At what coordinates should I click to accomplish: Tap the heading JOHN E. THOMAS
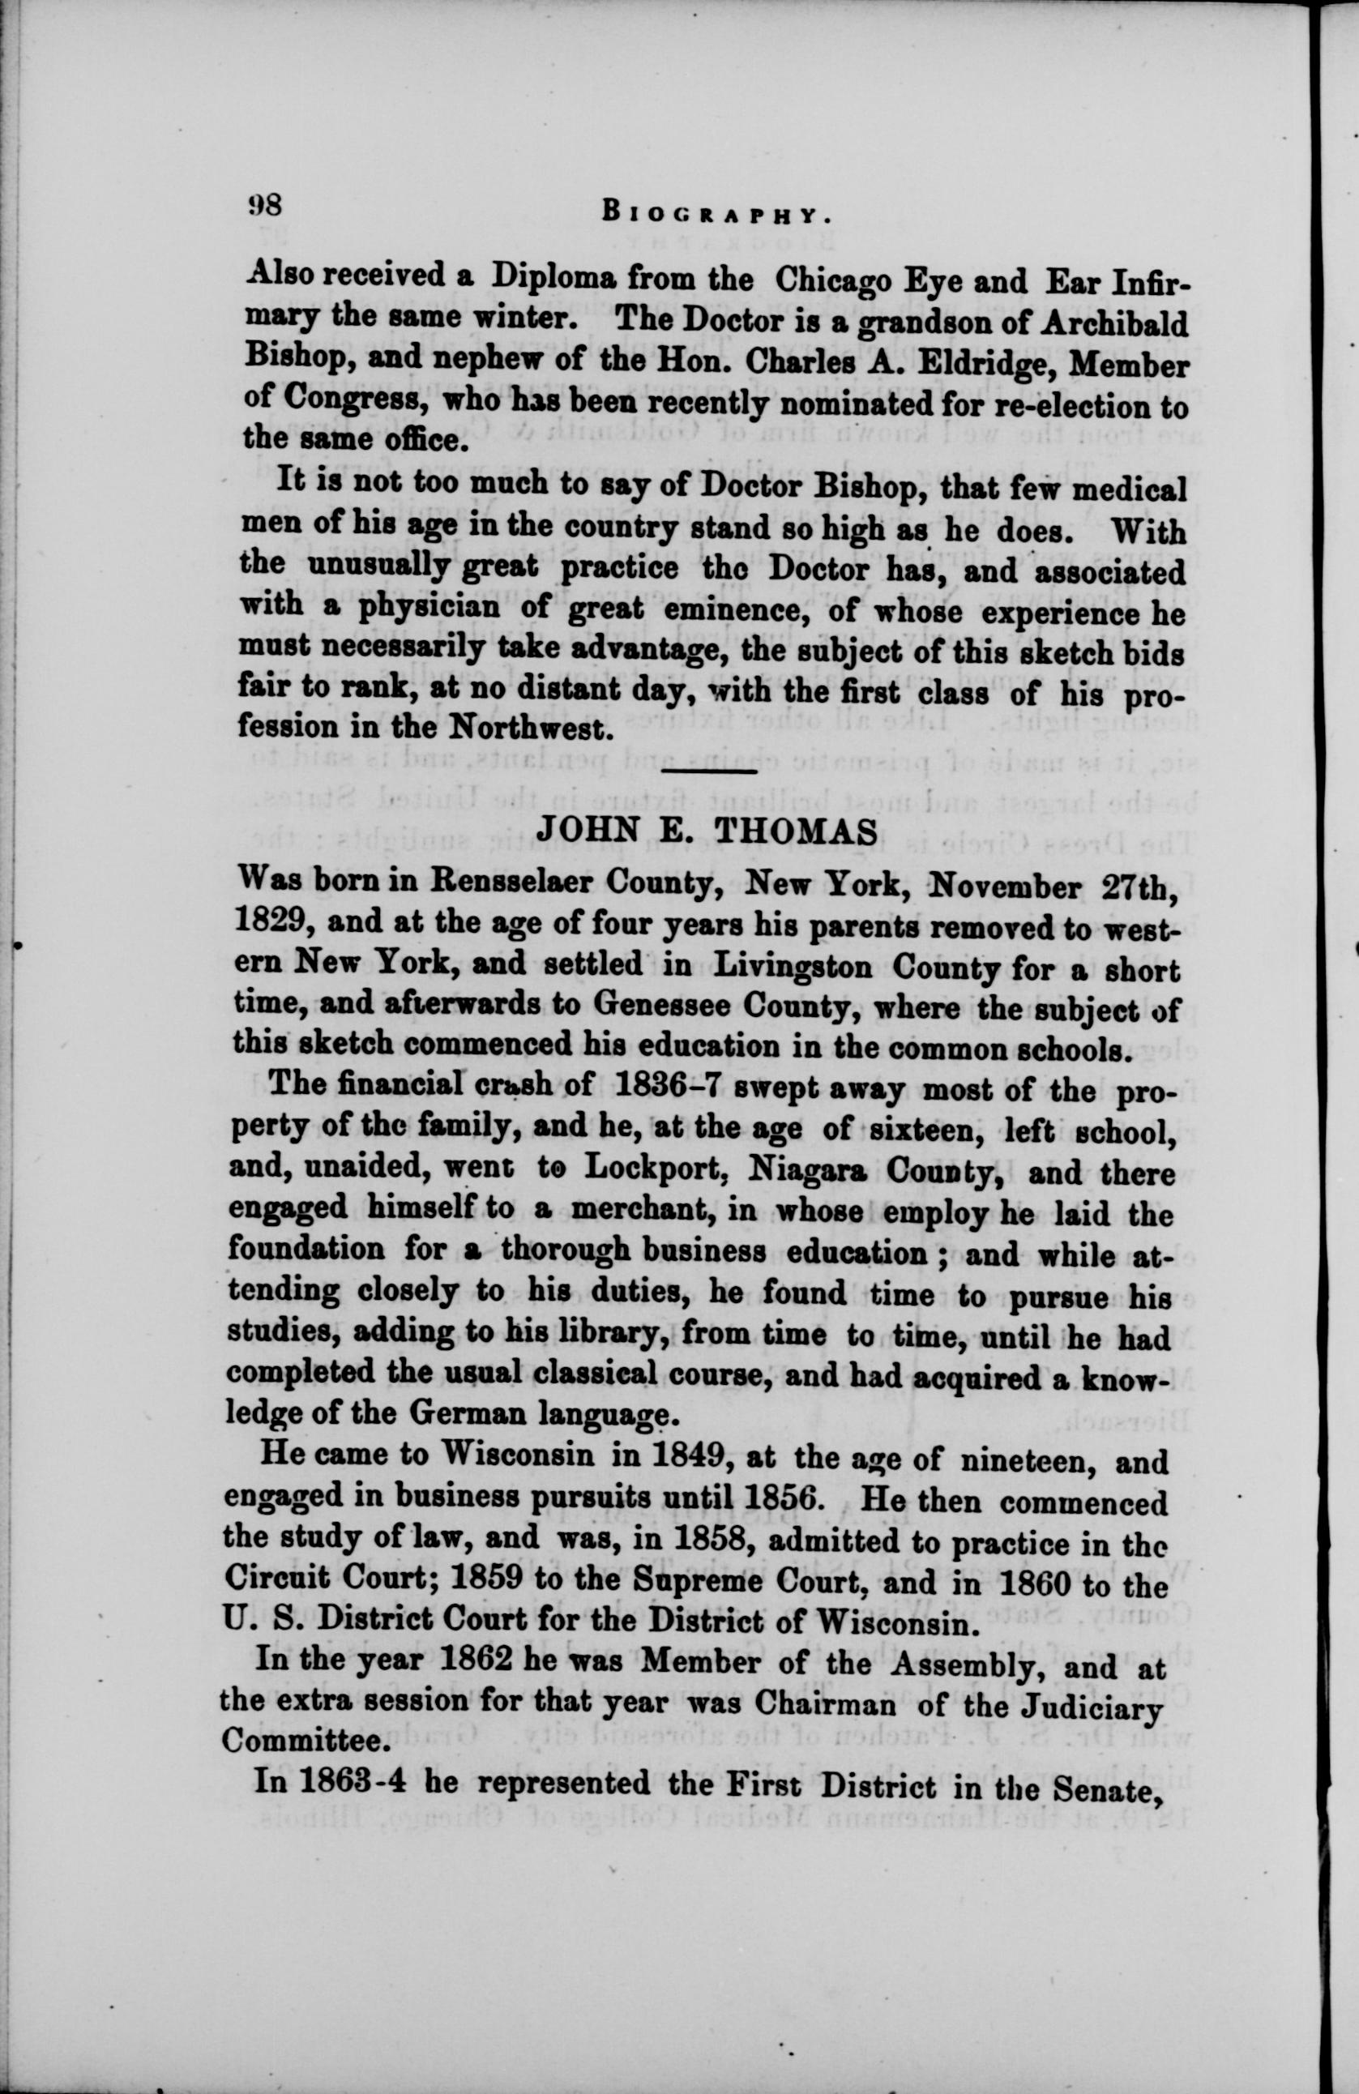tap(706, 831)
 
